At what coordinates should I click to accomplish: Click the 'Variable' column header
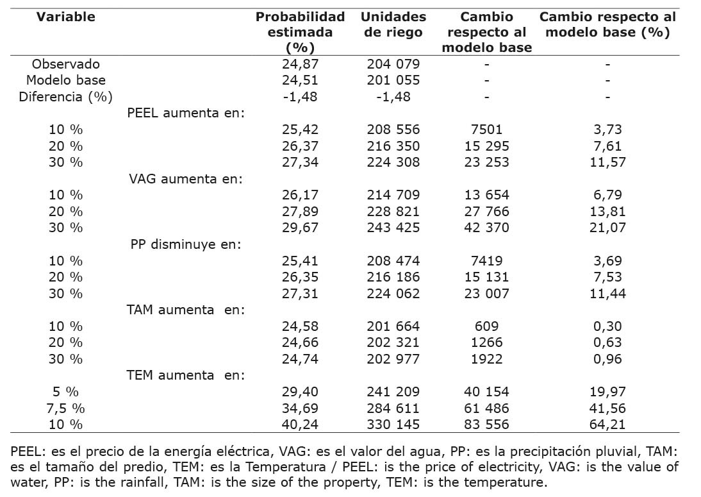click(x=65, y=17)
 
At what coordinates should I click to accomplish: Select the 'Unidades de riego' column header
click(x=393, y=25)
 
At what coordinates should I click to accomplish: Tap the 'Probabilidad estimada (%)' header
click(x=300, y=32)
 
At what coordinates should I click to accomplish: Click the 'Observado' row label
click(x=66, y=64)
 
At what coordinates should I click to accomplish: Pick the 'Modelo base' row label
click(x=66, y=80)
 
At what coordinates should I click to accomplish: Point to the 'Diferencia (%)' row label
click(x=66, y=97)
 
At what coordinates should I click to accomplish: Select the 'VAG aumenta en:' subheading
click(x=186, y=179)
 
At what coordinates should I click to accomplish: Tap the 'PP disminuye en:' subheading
click(x=186, y=244)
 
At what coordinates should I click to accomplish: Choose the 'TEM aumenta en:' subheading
click(x=186, y=375)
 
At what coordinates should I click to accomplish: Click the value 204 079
click(x=393, y=64)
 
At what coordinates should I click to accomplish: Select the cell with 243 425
click(x=393, y=228)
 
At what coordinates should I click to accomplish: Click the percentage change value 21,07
click(x=607, y=228)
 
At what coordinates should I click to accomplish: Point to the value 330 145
click(x=393, y=425)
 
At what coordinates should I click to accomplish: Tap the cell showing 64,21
click(x=607, y=425)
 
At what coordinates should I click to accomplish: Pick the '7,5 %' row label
click(x=66, y=409)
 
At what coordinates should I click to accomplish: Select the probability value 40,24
click(x=300, y=425)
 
